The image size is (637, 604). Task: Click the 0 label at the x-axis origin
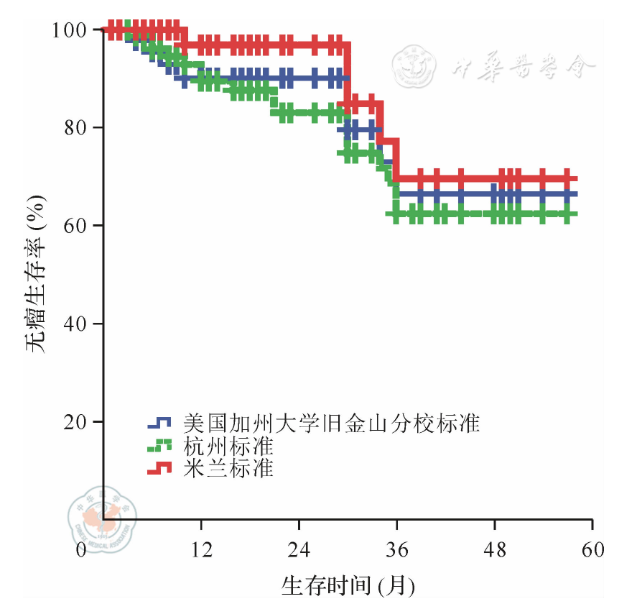point(81,550)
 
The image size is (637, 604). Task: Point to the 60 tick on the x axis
point(592,550)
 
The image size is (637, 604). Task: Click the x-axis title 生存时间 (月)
point(348,584)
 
